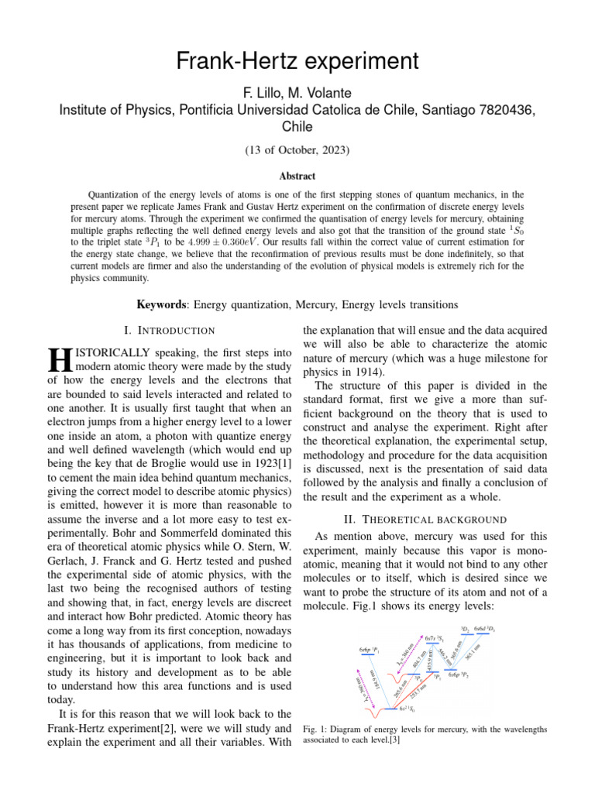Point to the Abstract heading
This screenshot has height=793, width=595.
[x=297, y=177]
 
